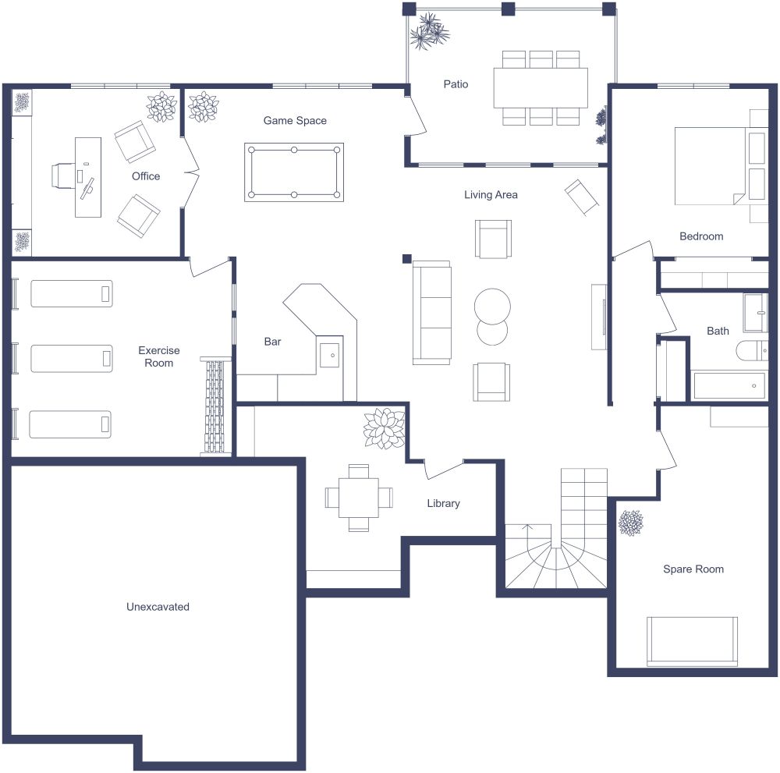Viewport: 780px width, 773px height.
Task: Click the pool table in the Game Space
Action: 294,172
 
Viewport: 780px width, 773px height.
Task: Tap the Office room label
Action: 146,176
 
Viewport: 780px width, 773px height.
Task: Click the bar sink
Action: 330,355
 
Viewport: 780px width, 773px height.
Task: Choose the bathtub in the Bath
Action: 729,385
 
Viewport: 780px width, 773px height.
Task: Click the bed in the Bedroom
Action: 710,165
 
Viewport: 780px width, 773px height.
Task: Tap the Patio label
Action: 456,84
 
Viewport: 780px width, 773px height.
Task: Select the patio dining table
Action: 541,87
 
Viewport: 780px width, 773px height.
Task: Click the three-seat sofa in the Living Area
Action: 432,313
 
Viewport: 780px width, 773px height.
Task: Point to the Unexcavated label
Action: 158,606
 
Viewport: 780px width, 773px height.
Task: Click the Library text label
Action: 443,504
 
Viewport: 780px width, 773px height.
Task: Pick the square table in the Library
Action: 359,498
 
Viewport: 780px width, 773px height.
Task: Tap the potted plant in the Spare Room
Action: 630,523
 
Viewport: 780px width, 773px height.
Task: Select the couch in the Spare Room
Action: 692,641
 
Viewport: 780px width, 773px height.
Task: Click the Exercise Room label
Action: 158,356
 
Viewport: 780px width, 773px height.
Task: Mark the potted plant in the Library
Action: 384,428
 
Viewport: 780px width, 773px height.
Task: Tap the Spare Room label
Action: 693,569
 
